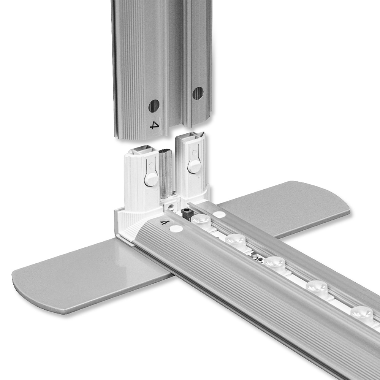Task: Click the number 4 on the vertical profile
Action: click(155, 125)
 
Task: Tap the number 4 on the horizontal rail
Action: click(163, 222)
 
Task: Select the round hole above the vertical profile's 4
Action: click(154, 106)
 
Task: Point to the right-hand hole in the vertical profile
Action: click(198, 93)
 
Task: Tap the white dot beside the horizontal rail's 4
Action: click(176, 228)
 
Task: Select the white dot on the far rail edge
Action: click(219, 214)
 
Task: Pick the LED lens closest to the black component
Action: click(201, 220)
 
